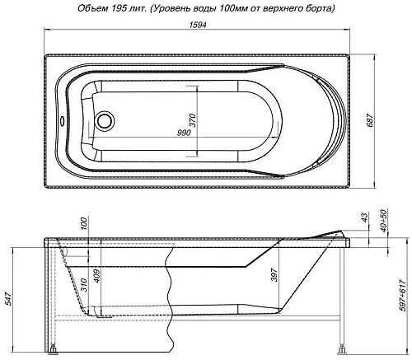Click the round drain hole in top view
click(105, 122)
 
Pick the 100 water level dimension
click(83, 226)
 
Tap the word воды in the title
click(198, 8)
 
